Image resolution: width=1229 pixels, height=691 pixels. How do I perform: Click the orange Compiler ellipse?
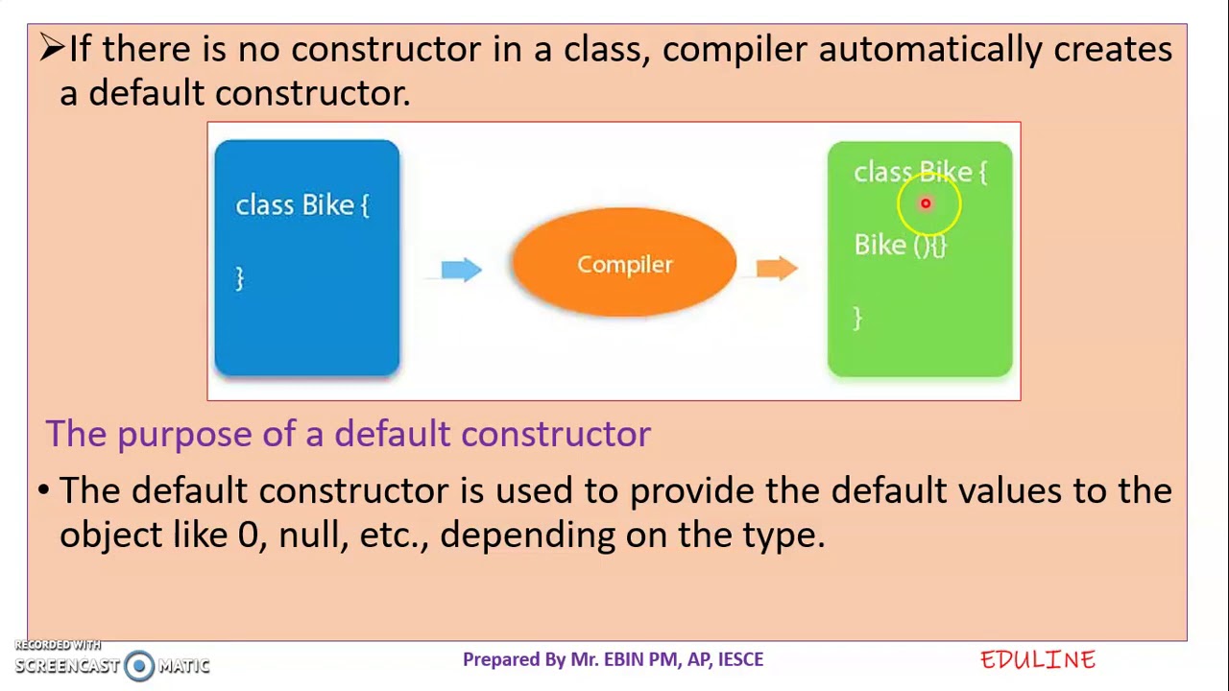coord(624,263)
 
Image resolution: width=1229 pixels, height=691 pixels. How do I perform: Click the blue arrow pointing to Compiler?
coord(461,270)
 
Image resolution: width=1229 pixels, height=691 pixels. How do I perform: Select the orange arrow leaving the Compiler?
coord(776,268)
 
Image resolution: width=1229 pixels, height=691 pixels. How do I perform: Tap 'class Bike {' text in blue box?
coord(301,205)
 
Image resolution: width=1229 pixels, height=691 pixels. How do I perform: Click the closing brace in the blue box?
coord(240,278)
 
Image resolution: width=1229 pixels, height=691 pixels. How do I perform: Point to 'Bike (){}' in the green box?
coord(900,246)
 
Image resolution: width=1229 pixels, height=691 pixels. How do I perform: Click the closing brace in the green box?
coord(857,319)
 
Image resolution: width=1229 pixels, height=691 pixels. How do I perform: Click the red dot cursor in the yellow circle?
coord(926,203)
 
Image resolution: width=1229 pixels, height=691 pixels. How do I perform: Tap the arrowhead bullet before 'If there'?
coord(51,48)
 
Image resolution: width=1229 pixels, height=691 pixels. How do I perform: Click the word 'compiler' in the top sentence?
coord(734,50)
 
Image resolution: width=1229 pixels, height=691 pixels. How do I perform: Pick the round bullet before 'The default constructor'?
coord(43,490)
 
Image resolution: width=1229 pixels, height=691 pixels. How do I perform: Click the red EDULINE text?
coord(1037,659)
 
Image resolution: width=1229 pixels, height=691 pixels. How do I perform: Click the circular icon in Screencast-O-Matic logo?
coord(139,665)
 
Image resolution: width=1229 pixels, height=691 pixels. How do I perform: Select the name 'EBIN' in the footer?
coord(623,659)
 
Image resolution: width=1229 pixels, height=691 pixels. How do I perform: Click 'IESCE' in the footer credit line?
coord(740,659)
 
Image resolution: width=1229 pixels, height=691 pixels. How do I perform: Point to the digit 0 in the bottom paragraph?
coord(249,535)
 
